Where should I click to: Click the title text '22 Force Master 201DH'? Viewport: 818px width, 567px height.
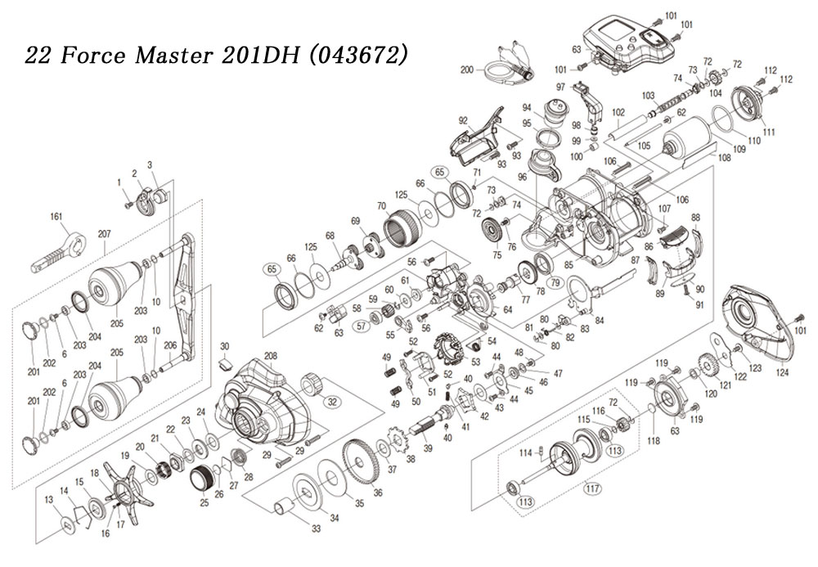[162, 55]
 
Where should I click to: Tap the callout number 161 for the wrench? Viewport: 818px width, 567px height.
[56, 217]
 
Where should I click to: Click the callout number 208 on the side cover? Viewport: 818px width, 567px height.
[270, 356]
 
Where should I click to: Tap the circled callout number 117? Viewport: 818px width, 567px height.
[591, 488]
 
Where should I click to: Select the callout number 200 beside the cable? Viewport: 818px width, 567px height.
[467, 70]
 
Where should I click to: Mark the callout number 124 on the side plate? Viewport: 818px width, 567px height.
[783, 372]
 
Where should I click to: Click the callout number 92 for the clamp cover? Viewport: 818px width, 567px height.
[463, 121]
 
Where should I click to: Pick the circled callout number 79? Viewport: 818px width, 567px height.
[555, 284]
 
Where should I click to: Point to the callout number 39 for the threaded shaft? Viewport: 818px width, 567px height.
[429, 448]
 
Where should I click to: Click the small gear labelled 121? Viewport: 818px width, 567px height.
[708, 367]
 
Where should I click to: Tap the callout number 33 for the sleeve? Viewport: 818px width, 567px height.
[316, 529]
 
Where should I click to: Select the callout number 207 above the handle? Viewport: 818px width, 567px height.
[105, 234]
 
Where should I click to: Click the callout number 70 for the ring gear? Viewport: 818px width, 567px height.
[381, 205]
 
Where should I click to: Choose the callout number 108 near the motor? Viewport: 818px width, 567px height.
[725, 157]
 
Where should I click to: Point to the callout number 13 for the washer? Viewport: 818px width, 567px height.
[48, 500]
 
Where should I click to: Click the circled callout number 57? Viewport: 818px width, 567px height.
[361, 326]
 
